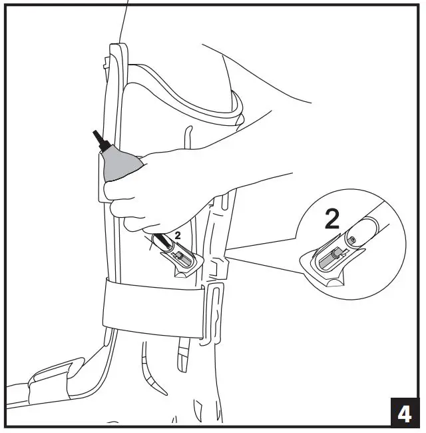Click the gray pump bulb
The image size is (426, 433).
tap(118, 163)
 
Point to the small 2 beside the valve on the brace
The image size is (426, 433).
tap(178, 235)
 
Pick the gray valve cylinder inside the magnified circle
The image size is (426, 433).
tap(329, 257)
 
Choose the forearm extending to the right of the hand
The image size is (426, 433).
tap(266, 167)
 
